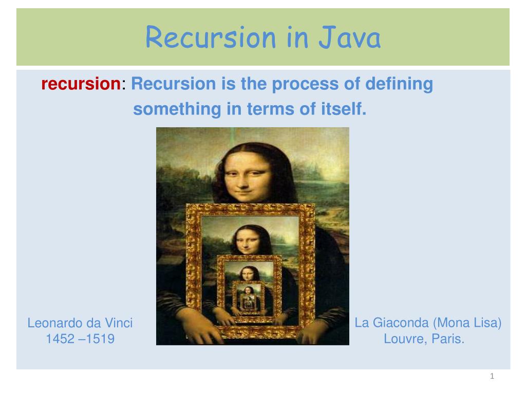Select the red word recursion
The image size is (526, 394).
[x=80, y=84]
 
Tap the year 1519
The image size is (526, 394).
[x=101, y=339]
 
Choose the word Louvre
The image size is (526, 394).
[x=403, y=339]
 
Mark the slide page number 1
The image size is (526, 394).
[x=492, y=377]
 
